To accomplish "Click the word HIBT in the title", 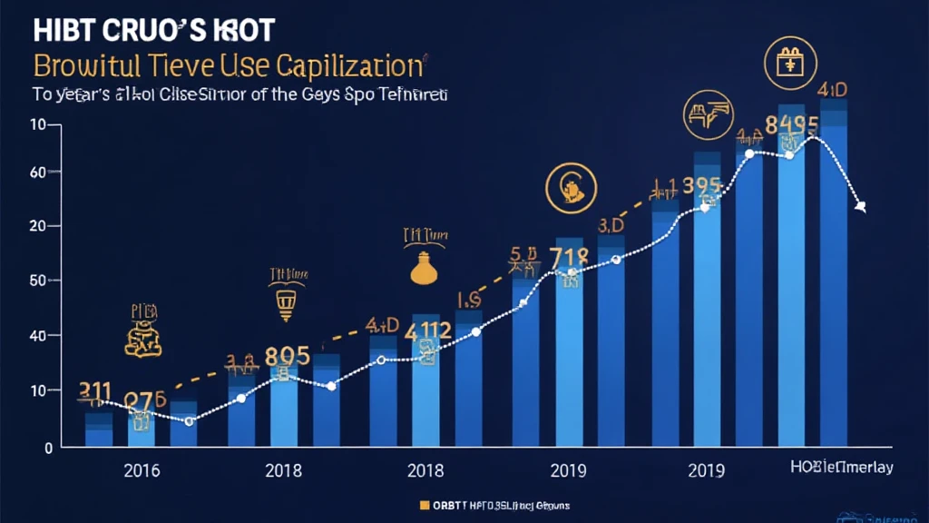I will click(63, 30).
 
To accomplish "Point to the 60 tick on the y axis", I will click(38, 172).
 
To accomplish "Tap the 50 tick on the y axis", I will click(38, 281).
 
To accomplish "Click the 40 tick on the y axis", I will click(38, 336).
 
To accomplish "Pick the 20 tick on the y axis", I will click(38, 226).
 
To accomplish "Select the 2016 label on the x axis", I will click(142, 470).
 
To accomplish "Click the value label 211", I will click(95, 391).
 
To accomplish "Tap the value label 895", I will click(287, 355).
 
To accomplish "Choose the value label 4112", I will click(427, 331).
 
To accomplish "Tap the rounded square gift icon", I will click(787, 63).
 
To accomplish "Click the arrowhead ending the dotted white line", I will click(860, 207).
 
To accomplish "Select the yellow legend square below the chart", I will click(424, 504).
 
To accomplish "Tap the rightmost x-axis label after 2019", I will click(841, 468).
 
